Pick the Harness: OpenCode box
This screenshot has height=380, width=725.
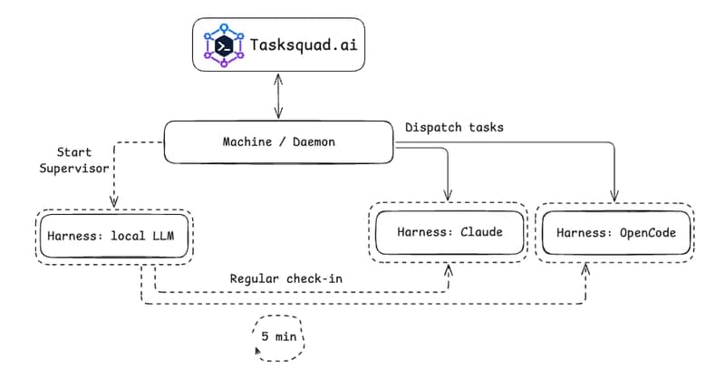(615, 233)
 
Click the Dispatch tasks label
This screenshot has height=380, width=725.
(454, 128)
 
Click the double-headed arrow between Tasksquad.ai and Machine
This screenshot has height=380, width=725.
(277, 97)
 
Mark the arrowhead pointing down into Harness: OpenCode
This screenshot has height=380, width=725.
(616, 193)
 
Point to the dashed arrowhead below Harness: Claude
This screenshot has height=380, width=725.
(449, 269)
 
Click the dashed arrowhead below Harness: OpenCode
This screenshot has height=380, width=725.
(587, 269)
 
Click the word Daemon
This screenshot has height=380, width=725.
(308, 142)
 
